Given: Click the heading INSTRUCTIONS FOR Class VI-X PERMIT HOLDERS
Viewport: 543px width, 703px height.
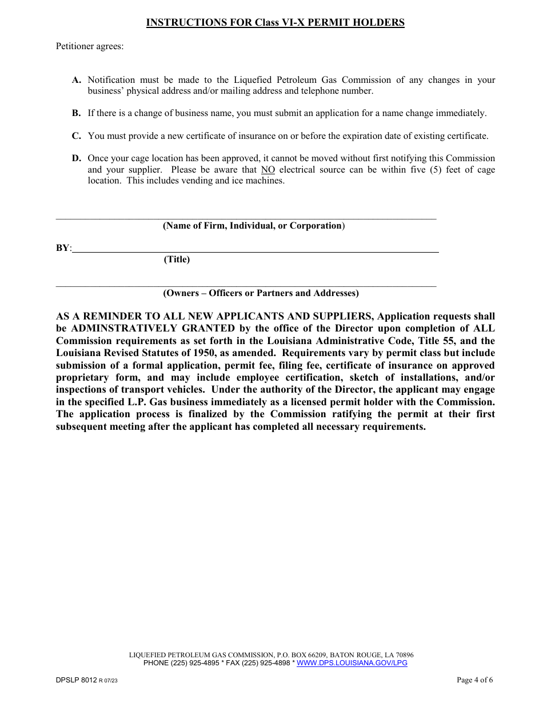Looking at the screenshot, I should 275,23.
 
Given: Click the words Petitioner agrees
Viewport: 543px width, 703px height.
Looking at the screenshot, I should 89,46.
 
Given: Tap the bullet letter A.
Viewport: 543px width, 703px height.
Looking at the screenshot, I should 76,80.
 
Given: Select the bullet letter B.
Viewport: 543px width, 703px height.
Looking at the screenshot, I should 76,113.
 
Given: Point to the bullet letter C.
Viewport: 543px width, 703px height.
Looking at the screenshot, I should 76,136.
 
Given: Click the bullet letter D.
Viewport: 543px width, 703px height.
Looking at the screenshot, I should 76,158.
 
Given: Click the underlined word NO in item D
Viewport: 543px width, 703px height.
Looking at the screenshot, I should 268,170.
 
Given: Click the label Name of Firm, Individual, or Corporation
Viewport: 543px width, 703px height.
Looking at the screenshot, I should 254,226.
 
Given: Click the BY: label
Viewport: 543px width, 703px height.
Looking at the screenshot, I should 63,248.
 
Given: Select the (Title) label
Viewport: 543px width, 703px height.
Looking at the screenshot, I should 177,259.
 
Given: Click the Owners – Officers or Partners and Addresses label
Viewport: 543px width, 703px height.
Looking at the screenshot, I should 261,293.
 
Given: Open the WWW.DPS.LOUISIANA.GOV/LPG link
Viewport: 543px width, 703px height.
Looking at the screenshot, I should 352,663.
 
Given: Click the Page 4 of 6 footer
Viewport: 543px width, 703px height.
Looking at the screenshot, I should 474,680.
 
